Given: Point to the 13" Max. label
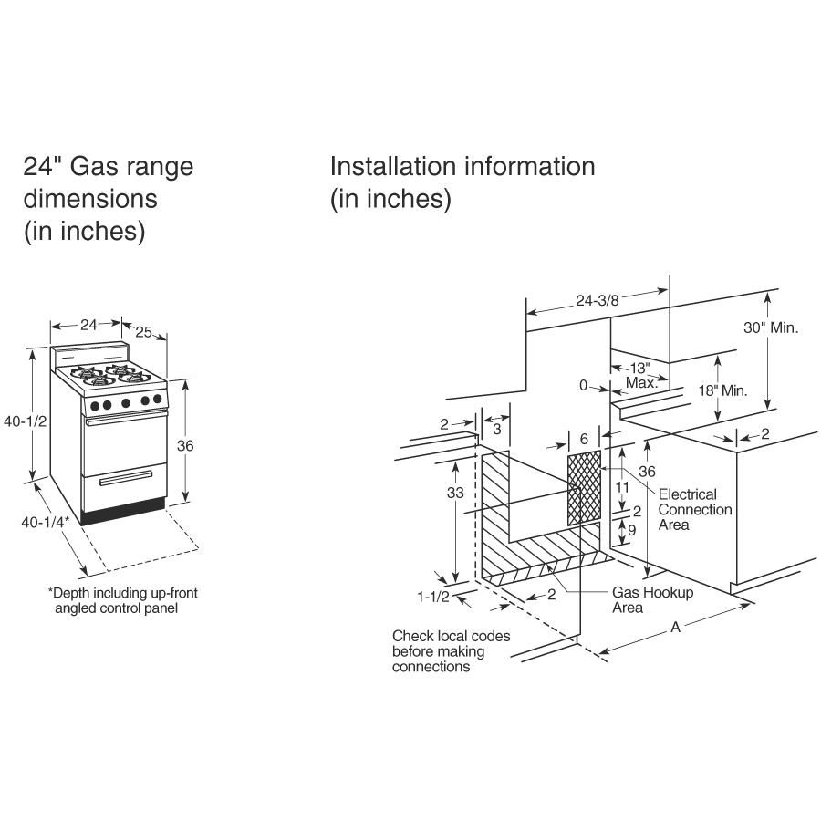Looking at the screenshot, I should pyautogui.click(x=641, y=375).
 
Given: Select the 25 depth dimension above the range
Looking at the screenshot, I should pyautogui.click(x=141, y=331).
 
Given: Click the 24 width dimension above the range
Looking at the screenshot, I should pyautogui.click(x=88, y=325).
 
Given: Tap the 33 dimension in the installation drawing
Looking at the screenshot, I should pyautogui.click(x=455, y=493).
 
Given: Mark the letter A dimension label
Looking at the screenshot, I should pyautogui.click(x=675, y=627).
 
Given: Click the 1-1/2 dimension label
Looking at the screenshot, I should pyautogui.click(x=432, y=597).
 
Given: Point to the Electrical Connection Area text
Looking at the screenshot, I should pyautogui.click(x=694, y=509).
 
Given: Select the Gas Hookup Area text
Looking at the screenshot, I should pyautogui.click(x=652, y=599).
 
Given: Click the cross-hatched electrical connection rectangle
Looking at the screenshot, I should pyautogui.click(x=584, y=488).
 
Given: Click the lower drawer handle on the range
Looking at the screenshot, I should pyautogui.click(x=125, y=477).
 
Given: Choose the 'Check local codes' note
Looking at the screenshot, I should pyautogui.click(x=451, y=650).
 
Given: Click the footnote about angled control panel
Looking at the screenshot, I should pyautogui.click(x=122, y=600).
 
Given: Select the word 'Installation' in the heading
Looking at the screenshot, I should pyautogui.click(x=393, y=167).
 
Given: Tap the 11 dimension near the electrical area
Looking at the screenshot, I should pyautogui.click(x=621, y=488).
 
